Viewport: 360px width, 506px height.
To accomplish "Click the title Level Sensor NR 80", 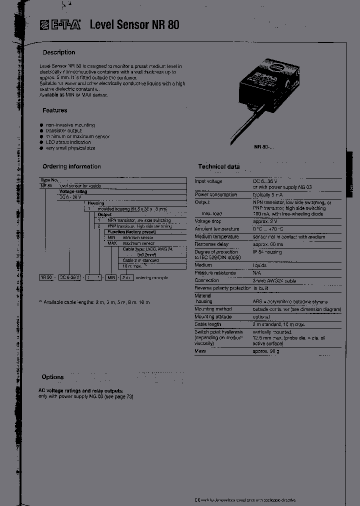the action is click(134, 24).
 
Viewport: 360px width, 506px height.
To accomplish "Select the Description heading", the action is click(59, 52).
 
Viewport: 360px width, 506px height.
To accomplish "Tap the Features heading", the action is click(55, 110).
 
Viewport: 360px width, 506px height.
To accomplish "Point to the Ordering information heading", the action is click(71, 167).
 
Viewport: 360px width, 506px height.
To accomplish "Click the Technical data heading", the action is click(219, 167).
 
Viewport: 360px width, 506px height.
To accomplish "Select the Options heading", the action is click(52, 377).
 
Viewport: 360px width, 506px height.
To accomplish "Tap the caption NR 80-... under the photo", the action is click(264, 147).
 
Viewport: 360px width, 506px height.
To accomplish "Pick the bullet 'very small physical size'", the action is click(70, 148).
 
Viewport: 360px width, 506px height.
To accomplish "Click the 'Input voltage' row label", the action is click(208, 181).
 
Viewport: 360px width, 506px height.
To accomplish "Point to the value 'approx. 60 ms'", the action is click(267, 244).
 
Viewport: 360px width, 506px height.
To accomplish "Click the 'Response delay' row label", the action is click(211, 244).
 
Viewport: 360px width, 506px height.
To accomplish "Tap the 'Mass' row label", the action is click(200, 351).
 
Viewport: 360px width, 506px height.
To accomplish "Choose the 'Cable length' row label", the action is click(208, 324).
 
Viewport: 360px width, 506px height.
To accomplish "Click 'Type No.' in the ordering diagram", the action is click(49, 179).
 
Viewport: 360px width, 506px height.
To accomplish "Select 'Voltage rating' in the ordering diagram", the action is click(73, 191).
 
